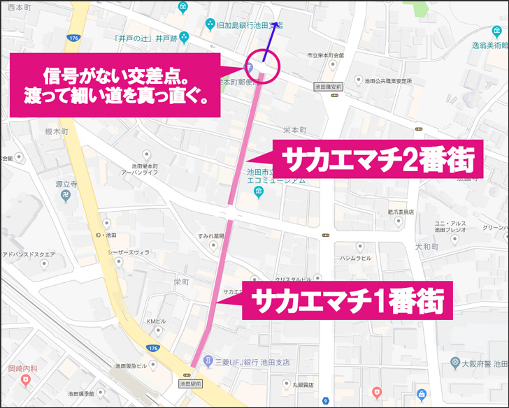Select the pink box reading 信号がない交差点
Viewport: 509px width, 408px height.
pyautogui.click(x=115, y=85)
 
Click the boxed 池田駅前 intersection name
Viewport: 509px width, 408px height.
pyautogui.click(x=191, y=384)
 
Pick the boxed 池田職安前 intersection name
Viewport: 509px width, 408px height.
pyautogui.click(x=327, y=87)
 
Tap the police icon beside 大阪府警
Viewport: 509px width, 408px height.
pyautogui.click(x=456, y=364)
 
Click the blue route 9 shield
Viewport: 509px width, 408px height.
pyautogui.click(x=326, y=401)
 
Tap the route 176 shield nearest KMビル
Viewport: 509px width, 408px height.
pyautogui.click(x=153, y=347)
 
